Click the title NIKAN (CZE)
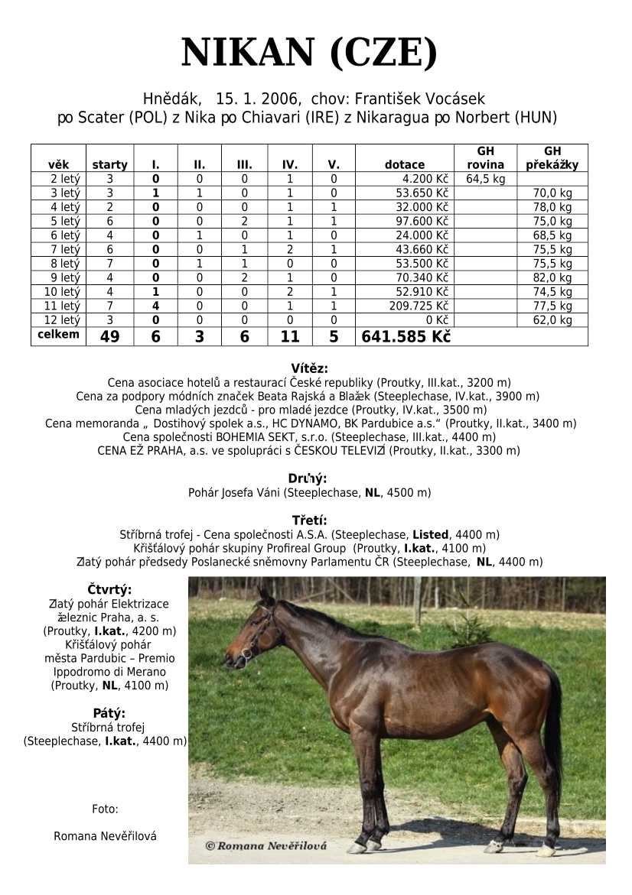[310, 54]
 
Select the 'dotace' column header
[405, 164]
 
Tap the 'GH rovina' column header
[485, 158]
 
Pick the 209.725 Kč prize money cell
[420, 306]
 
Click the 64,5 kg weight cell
[485, 179]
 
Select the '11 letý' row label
[59, 306]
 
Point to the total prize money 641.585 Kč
[405, 336]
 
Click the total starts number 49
[109, 336]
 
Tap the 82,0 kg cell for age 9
[552, 277]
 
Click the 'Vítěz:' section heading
[309, 368]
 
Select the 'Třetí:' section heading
[309, 520]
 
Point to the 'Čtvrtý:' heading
[109, 589]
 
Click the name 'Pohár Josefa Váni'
[234, 493]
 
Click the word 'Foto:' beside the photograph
[105, 809]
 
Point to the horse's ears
[264, 594]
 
